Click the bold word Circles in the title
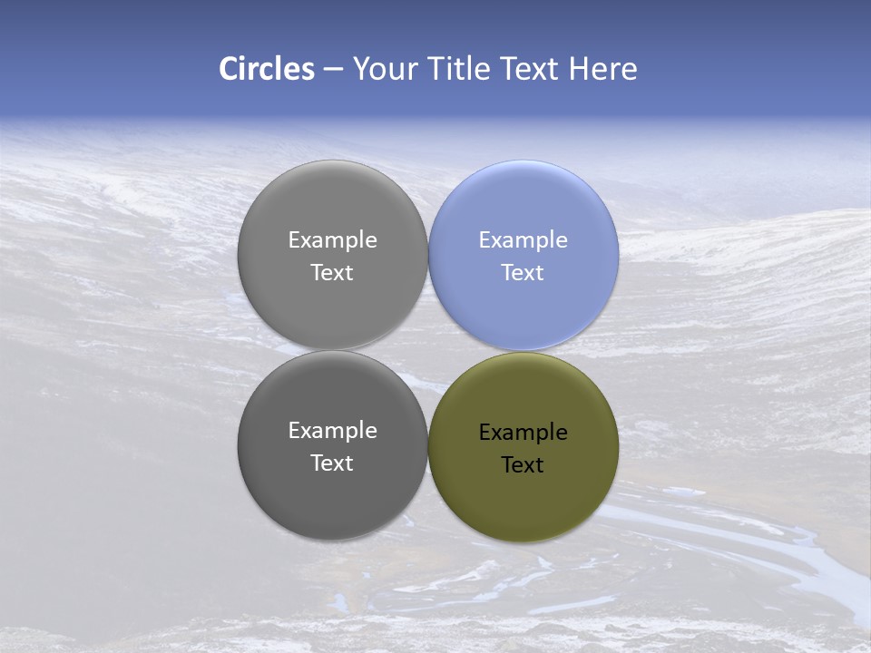point(267,69)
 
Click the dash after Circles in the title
point(333,70)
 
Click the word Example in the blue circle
point(523,240)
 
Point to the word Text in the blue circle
point(523,273)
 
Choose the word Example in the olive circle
point(523,433)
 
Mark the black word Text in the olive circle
point(523,465)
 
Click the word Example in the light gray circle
point(332,240)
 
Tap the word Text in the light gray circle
point(332,273)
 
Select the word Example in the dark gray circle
point(332,431)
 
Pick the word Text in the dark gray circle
point(332,463)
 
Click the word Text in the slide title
point(531,69)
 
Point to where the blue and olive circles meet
point(524,351)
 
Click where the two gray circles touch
point(332,350)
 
